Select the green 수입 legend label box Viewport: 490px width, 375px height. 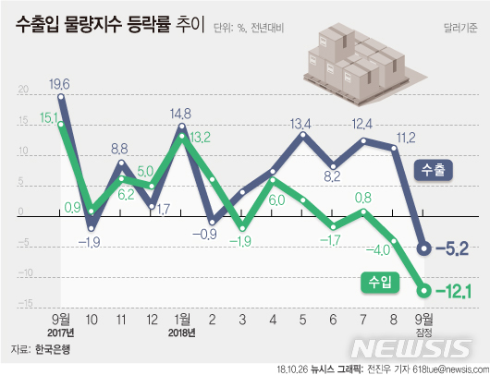coord(377,277)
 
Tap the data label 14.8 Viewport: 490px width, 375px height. coord(180,115)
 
